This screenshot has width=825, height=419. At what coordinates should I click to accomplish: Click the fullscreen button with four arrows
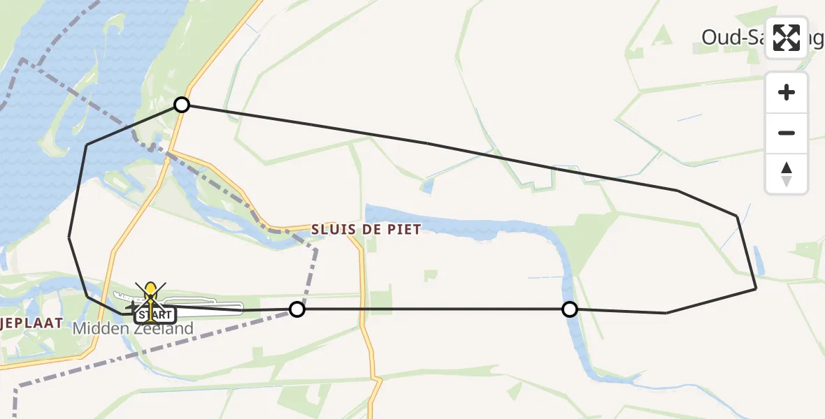click(x=787, y=38)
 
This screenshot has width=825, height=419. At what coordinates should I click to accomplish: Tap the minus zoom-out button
click(x=787, y=133)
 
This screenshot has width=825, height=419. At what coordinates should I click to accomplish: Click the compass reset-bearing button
click(x=787, y=174)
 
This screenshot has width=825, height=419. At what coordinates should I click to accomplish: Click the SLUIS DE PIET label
click(x=366, y=230)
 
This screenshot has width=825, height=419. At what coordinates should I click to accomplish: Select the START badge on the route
click(x=151, y=314)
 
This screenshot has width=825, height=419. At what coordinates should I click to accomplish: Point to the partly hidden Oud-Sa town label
click(x=734, y=38)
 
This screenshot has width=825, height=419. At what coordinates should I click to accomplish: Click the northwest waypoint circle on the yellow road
click(x=182, y=105)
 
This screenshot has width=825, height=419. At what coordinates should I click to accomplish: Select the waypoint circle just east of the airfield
click(x=297, y=309)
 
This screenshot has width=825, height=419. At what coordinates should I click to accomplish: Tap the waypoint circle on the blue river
click(x=570, y=309)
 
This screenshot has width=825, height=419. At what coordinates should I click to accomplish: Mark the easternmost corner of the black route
click(x=756, y=288)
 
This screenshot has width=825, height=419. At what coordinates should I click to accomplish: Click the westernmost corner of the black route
click(x=69, y=237)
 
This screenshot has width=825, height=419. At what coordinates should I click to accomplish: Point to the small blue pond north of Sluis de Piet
click(x=426, y=186)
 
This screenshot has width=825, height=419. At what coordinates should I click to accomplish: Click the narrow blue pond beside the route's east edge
click(x=759, y=260)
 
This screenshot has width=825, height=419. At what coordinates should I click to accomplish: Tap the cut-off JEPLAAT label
click(x=31, y=323)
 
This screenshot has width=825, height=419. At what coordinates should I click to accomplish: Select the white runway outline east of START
click(x=210, y=306)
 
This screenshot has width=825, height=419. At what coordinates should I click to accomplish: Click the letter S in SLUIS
click(x=315, y=230)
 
